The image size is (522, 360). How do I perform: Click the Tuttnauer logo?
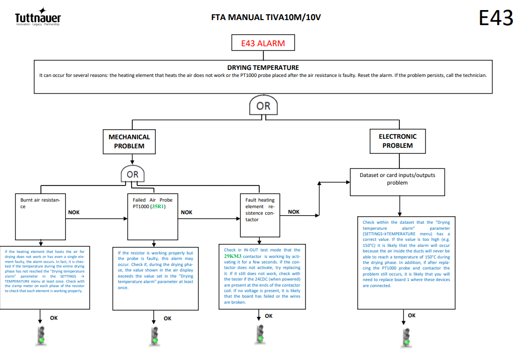(x=38, y=17)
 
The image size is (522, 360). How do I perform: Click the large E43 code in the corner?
(x=496, y=18)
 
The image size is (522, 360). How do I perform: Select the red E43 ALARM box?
(x=263, y=43)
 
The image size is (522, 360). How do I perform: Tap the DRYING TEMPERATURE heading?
(x=263, y=67)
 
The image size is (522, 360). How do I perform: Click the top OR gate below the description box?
(x=263, y=105)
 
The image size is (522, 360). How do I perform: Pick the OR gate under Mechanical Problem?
(x=133, y=174)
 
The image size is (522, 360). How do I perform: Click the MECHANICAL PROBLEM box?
(x=129, y=141)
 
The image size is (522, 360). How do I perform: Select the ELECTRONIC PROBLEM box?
(x=397, y=141)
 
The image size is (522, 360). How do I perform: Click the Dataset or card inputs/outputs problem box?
(x=397, y=182)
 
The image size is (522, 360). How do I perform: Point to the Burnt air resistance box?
(x=40, y=217)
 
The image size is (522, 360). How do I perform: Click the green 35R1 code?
(x=158, y=207)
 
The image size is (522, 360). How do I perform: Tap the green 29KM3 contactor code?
(x=233, y=256)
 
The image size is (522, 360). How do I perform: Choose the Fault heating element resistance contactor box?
(x=260, y=215)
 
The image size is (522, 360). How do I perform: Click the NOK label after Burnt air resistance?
(x=74, y=213)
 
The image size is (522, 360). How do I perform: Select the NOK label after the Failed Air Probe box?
(x=186, y=213)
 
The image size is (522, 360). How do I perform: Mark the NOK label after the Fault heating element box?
(x=293, y=212)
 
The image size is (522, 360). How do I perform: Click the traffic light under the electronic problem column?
(x=406, y=338)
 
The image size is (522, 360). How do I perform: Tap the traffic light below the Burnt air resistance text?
(x=41, y=336)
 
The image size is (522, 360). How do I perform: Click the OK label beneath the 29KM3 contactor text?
(x=269, y=316)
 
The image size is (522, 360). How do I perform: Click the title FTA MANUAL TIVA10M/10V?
(x=266, y=17)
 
